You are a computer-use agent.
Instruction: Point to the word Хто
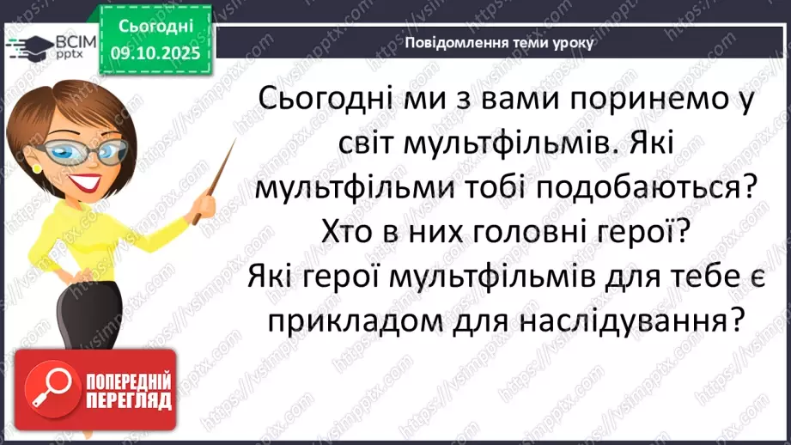[x=350, y=232]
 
